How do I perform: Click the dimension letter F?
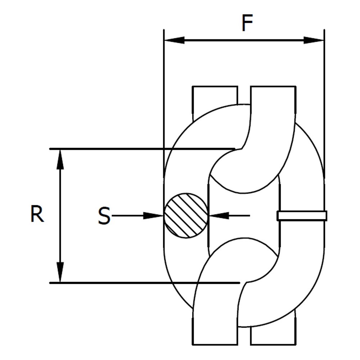pos(247,23)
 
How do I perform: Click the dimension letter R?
pos(37,214)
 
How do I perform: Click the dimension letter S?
pos(104,215)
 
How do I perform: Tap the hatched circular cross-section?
pos(186,215)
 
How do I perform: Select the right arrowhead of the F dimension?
pos(314,40)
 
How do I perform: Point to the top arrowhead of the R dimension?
pos(60,159)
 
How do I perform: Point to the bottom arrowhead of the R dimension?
pos(60,272)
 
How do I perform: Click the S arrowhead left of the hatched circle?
pos(153,216)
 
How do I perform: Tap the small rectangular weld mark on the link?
pos(302,216)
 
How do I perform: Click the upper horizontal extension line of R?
pos(142,149)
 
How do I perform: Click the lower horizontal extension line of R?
pos(145,283)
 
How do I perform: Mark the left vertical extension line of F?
pos(164,103)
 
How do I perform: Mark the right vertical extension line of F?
pos(324,103)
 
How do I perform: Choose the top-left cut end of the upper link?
pos(215,86)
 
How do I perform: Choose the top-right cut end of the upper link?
pos(273,86)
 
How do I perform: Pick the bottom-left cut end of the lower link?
pos(215,345)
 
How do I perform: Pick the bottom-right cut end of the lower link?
pos(273,345)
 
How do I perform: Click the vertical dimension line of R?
pos(60,216)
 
